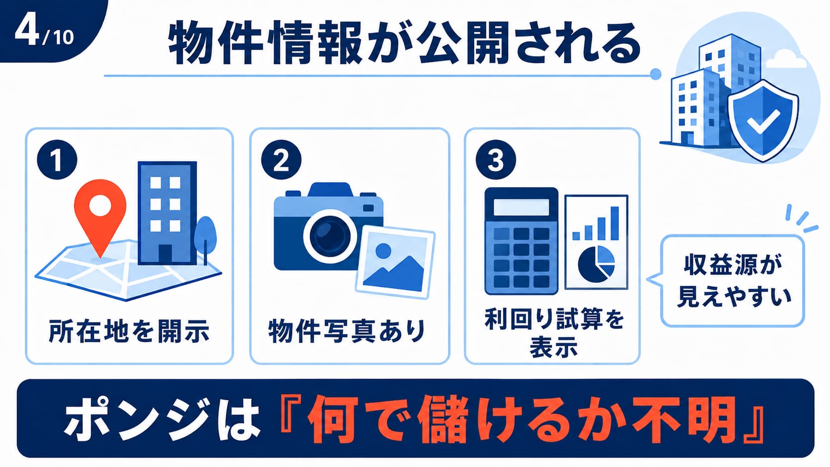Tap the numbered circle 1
click(x=57, y=160)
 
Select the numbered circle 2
click(x=281, y=160)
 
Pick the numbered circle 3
click(x=496, y=160)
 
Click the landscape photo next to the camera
click(x=395, y=262)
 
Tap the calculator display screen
click(x=521, y=207)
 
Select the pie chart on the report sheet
click(x=596, y=264)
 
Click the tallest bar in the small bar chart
click(x=615, y=223)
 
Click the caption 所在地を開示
click(x=129, y=331)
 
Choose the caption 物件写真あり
click(x=347, y=331)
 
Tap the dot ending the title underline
click(x=655, y=74)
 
